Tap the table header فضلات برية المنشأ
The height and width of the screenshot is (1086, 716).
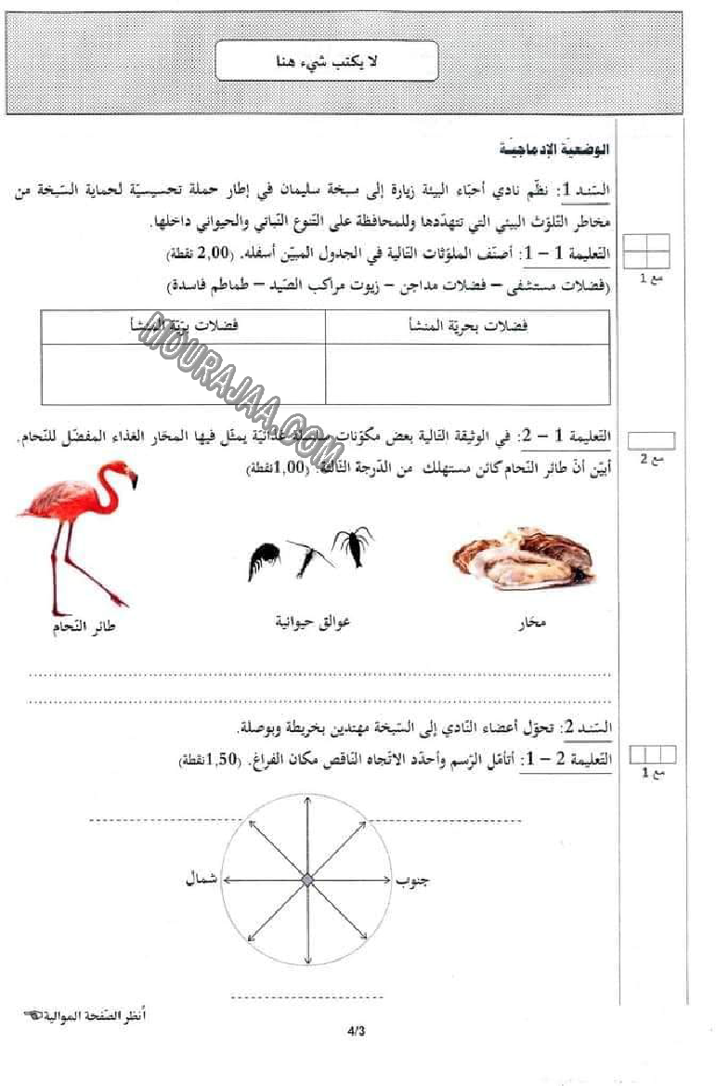(184, 326)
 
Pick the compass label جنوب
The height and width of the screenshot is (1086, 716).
(412, 879)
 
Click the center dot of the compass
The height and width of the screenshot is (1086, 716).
(306, 879)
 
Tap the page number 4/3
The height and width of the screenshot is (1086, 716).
(357, 1029)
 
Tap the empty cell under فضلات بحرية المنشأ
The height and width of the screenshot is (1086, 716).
(468, 373)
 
